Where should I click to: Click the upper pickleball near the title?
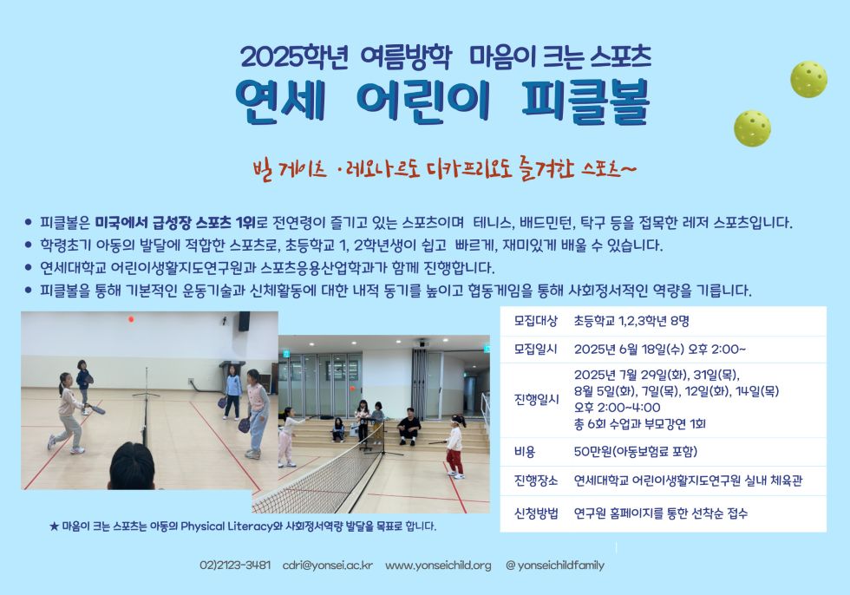click(808, 79)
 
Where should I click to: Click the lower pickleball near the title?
click(753, 128)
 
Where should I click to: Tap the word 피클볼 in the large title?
click(585, 101)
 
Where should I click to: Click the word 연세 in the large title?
click(280, 101)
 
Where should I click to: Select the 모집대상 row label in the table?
click(536, 321)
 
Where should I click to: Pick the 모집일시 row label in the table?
click(536, 350)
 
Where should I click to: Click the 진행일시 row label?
click(536, 400)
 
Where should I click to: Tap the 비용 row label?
click(525, 451)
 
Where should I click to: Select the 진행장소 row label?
click(536, 481)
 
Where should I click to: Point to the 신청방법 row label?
click(536, 513)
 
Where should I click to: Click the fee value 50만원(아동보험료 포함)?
click(636, 451)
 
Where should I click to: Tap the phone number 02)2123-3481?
click(235, 566)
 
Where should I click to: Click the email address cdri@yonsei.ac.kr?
click(328, 566)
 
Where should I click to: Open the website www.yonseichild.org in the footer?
click(438, 566)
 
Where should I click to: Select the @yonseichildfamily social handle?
click(554, 566)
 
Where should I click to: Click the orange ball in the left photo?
click(131, 319)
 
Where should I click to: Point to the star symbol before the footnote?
click(54, 526)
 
